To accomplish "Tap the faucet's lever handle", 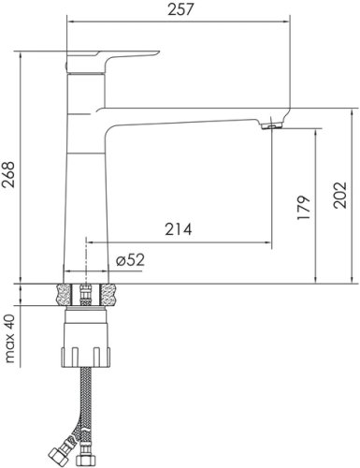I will click(x=112, y=55).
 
